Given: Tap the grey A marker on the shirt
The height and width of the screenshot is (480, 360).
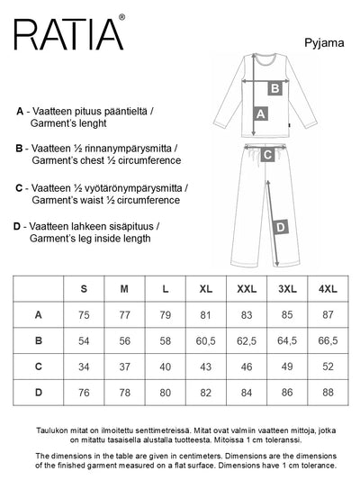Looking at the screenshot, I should pos(261,114).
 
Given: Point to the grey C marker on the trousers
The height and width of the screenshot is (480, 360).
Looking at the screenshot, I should pos(267,154).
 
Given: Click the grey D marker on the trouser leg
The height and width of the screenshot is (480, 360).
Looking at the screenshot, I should pos(281,228).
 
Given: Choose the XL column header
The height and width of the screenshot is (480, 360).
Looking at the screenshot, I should pos(205,289).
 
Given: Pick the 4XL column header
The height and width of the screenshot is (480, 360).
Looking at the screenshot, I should pos(328,289).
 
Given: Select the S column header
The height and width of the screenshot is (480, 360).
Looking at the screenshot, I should pos(84,289).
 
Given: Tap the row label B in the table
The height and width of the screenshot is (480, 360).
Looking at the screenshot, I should pos(38,340).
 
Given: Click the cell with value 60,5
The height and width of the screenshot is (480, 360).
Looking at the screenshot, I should pos(205,340).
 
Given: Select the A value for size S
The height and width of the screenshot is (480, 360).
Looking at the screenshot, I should pos(84,315).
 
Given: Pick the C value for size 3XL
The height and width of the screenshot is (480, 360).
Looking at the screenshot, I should pos(287,367).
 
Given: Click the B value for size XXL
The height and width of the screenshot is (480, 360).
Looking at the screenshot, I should pos(247,340).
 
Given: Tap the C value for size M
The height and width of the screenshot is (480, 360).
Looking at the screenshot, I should pos(124,367).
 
